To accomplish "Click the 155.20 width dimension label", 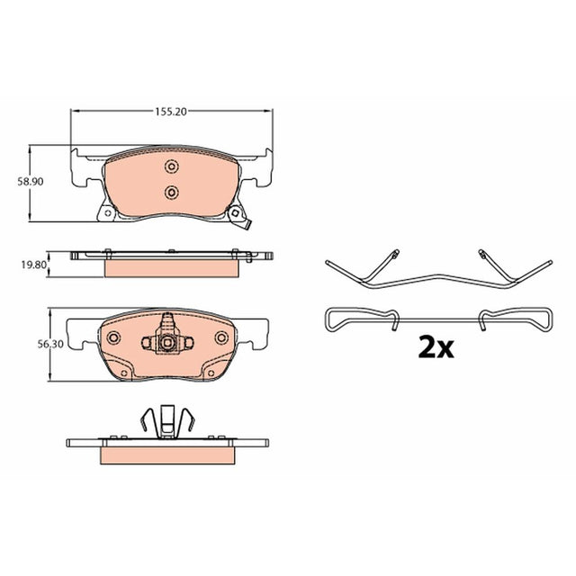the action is (171, 112).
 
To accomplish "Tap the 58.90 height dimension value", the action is (31, 182).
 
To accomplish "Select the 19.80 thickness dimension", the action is (34, 265).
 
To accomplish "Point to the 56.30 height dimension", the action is (50, 344).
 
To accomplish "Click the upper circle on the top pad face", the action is (171, 166).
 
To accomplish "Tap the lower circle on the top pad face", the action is (171, 192).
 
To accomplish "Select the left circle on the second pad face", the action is (113, 337).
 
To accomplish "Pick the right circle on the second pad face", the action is (222, 337).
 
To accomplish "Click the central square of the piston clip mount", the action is (167, 343).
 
